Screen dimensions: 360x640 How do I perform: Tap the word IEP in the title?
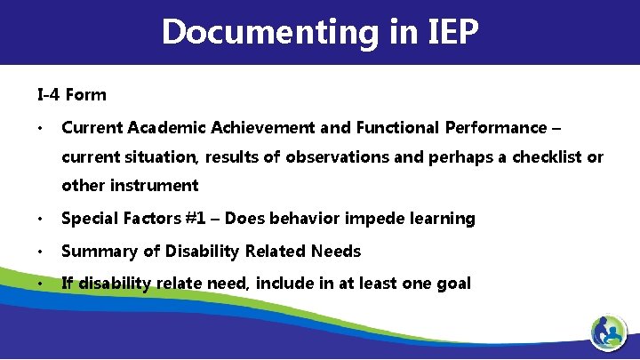(x=448, y=33)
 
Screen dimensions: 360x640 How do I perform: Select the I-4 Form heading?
(x=71, y=95)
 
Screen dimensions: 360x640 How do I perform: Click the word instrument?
(x=154, y=186)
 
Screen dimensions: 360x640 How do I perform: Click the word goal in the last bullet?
(x=452, y=284)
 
